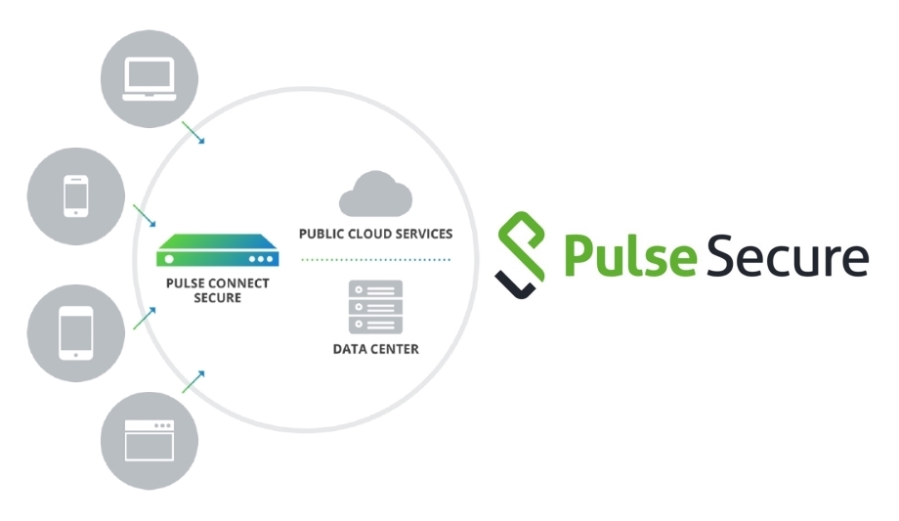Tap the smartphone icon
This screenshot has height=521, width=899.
76,195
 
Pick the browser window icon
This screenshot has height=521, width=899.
150,440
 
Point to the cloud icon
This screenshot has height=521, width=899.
374,194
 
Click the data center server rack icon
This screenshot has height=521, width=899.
375,307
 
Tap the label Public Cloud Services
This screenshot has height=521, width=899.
375,235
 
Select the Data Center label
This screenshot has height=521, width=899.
375,349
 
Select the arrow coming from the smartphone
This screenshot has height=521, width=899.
145,216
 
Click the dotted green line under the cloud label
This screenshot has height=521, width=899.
375,259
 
